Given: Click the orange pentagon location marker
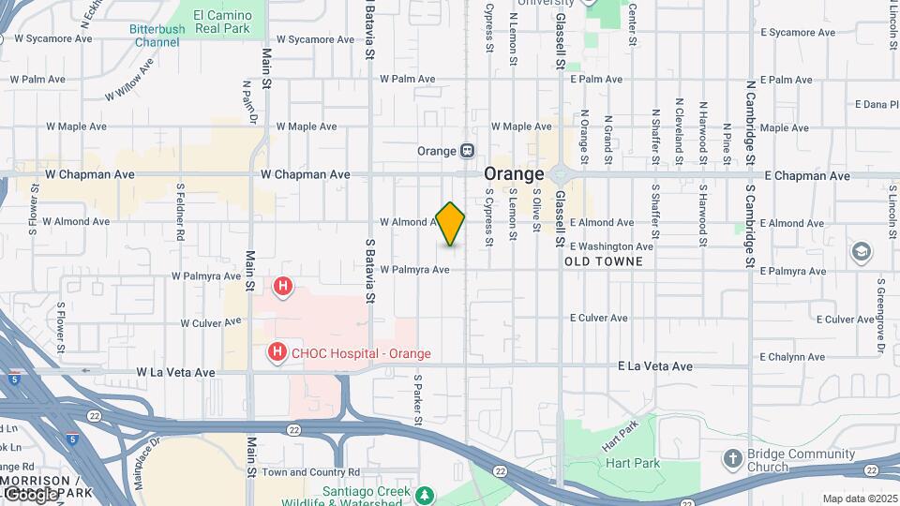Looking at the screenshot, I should [450, 224].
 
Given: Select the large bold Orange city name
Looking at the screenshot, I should [514, 175].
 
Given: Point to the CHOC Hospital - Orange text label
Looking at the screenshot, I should [362, 353].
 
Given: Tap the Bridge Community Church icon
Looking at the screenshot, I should [732, 458].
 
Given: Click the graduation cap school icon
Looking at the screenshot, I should [861, 252].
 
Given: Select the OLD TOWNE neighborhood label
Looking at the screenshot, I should [604, 261].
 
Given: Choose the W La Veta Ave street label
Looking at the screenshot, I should [175, 372].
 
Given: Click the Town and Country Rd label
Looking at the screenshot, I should [311, 472].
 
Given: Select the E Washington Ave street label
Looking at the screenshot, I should [611, 246].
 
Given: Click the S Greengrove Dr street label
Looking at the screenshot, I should [881, 316].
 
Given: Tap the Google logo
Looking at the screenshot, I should [29, 493].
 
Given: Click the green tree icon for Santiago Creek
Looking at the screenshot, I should [425, 493].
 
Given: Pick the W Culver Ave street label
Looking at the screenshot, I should [211, 323].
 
